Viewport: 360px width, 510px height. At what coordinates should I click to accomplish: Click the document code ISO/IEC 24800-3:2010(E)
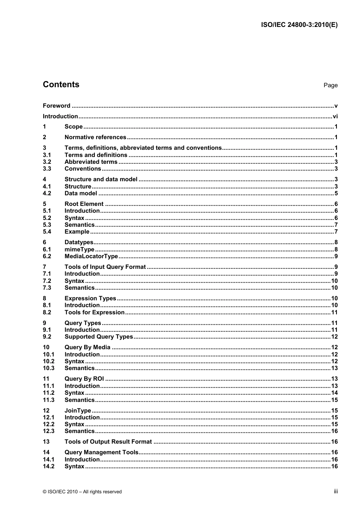tap(299, 25)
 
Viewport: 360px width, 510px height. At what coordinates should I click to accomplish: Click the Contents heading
tap(61, 85)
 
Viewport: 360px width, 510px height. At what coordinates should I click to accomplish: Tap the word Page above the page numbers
tap(330, 85)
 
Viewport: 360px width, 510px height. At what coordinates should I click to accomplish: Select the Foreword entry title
tap(56, 106)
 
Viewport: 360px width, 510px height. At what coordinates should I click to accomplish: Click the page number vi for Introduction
tap(335, 116)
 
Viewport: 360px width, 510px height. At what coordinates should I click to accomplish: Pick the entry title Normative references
tap(95, 137)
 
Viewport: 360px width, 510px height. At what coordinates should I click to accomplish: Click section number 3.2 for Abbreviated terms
tap(47, 162)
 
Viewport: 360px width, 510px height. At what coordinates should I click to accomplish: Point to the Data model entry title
tap(81, 193)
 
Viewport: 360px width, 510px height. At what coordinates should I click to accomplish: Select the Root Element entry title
tap(84, 204)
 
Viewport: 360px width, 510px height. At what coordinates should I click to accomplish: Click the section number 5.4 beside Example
tap(47, 232)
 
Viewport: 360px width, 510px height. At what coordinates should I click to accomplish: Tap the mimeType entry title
tap(79, 250)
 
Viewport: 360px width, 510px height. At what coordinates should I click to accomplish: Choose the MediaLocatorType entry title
tap(91, 256)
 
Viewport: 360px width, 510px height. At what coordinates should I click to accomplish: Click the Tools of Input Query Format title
tap(105, 267)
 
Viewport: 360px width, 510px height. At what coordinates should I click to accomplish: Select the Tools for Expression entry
tap(94, 312)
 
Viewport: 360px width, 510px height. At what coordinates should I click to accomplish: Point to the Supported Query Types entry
tap(99, 337)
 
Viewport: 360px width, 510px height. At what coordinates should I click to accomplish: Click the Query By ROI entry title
tap(84, 379)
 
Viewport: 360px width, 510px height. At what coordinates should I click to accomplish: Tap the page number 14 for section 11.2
tap(334, 393)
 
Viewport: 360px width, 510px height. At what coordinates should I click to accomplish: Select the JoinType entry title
tap(78, 411)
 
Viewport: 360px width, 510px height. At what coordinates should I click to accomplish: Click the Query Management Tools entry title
tap(102, 452)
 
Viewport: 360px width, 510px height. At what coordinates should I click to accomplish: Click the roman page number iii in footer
tap(336, 491)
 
